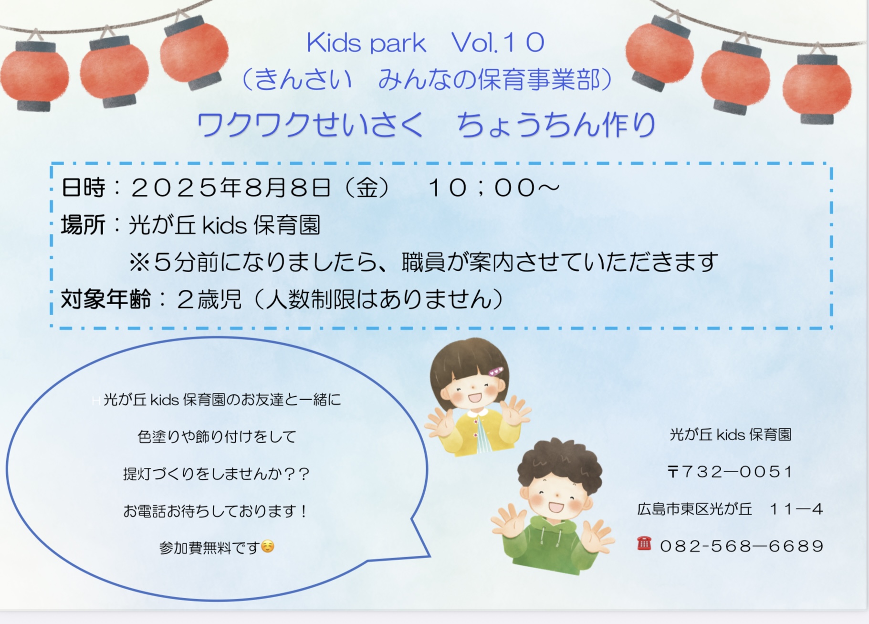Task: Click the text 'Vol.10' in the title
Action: point(498,43)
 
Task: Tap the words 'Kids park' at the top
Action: point(366,43)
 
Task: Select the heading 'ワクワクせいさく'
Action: point(310,125)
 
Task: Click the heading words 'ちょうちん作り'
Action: point(556,125)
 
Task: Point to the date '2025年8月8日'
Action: point(230,187)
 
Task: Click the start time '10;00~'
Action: point(494,188)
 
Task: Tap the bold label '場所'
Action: point(83,225)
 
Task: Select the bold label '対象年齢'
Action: point(105,299)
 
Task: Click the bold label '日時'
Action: point(83,188)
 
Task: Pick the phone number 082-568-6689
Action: point(742,546)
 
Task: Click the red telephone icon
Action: point(644,543)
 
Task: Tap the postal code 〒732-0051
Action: point(730,472)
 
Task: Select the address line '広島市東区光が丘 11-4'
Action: point(730,509)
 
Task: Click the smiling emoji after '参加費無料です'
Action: point(268,546)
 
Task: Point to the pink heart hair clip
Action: point(496,371)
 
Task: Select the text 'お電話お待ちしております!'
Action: point(216,511)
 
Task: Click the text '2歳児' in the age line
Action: point(209,299)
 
